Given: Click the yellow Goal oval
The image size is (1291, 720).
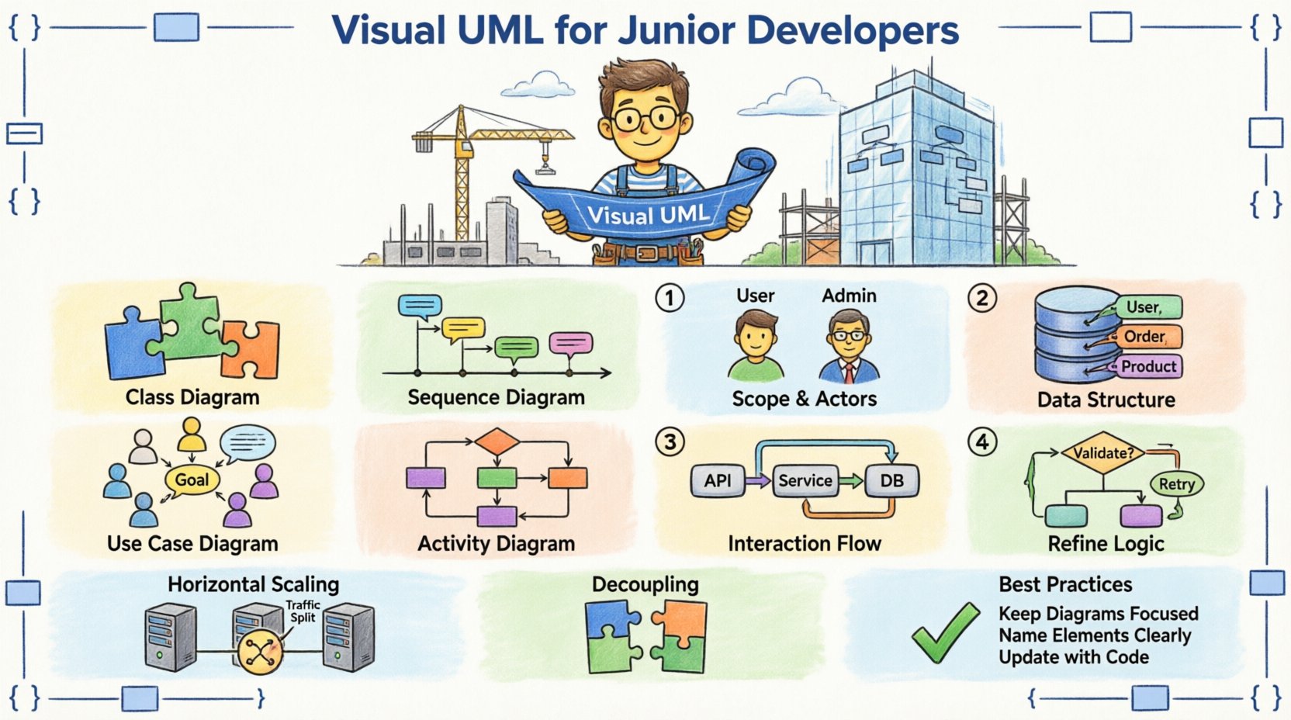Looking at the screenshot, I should [x=192, y=479].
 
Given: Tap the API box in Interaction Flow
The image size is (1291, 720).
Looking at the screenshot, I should [x=717, y=481].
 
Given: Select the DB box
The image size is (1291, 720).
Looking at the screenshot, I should [x=891, y=481].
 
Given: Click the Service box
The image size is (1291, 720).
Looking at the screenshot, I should [x=805, y=481].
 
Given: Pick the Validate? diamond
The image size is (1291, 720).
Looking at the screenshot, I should [x=1102, y=452].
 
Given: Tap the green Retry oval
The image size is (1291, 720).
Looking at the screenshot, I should [x=1176, y=484].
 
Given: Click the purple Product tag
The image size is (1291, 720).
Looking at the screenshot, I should [x=1149, y=366].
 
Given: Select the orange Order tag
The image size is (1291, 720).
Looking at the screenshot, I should [x=1145, y=337].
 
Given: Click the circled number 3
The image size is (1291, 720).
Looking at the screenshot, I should [x=670, y=442].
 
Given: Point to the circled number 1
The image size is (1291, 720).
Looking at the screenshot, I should [x=670, y=298].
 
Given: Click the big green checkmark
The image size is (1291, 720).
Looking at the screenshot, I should [x=945, y=632].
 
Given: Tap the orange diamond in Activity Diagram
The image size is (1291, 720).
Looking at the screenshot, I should [x=497, y=442].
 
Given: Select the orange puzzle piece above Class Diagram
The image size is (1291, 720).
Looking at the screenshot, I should [x=251, y=348].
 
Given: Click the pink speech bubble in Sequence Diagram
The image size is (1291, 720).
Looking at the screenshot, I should [x=571, y=344].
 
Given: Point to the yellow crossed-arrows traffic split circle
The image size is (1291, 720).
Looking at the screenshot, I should [x=258, y=652].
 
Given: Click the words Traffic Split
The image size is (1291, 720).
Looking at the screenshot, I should [x=303, y=611].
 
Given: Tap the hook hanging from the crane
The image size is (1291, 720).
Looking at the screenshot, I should [x=545, y=164].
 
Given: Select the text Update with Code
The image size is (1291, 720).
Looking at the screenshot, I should [x=1074, y=657].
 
